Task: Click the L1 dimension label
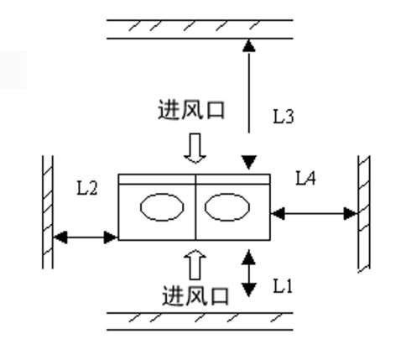[x=283, y=286]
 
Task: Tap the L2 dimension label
[x=87, y=188]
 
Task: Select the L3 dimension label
[x=284, y=117]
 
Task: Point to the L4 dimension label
[x=306, y=178]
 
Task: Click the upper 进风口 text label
[x=191, y=110]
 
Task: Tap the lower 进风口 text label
[x=195, y=295]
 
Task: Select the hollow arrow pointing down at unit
[x=195, y=149]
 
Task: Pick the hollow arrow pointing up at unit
[x=195, y=264]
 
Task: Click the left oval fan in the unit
[x=162, y=207]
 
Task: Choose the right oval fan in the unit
[x=227, y=207]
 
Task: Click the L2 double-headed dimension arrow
[x=86, y=237]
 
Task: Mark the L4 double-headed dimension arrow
[x=315, y=214]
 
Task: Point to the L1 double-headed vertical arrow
[x=248, y=274]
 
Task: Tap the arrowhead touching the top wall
[x=249, y=45]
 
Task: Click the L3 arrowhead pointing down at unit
[x=249, y=163]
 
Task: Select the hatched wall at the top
[x=200, y=29]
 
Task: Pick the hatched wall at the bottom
[x=200, y=321]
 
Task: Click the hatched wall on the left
[x=48, y=212]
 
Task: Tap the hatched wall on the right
[x=364, y=214]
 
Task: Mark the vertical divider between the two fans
[x=195, y=207]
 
